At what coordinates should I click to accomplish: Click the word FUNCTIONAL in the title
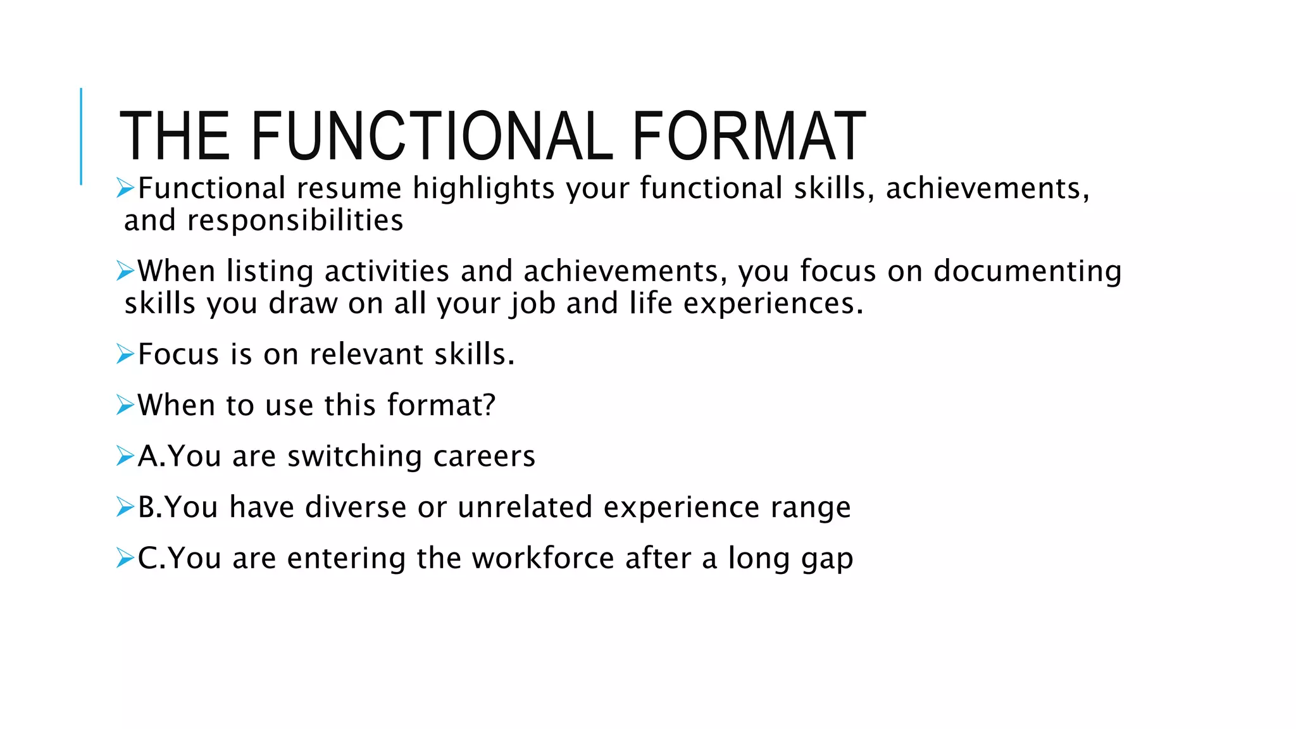coord(432,137)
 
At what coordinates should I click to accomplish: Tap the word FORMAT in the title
coord(749,137)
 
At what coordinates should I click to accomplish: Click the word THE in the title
coord(174,137)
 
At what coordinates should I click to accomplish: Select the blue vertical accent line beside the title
coord(81,136)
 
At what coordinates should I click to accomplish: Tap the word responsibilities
coord(295,221)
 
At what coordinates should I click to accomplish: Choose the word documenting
coord(1027,271)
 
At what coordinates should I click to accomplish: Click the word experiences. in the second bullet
coord(773,304)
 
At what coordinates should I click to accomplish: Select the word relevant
coord(358,354)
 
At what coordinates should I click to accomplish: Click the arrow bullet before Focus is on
coord(125,354)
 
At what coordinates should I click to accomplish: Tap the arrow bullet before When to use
coord(125,405)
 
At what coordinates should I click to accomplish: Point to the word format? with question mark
coord(441,405)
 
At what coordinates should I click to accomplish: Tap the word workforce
coord(543,559)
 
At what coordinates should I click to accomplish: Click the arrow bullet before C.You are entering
coord(125,558)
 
